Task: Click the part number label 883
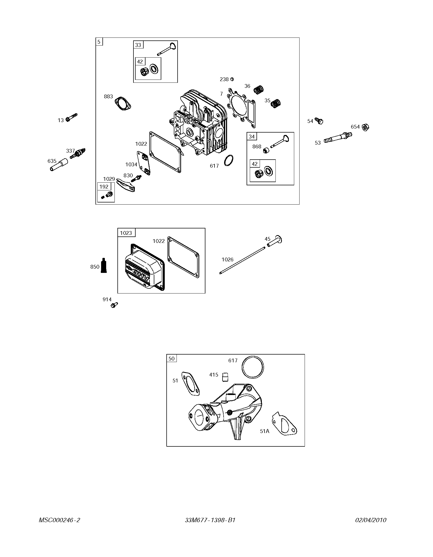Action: (108, 96)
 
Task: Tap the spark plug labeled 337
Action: (78, 153)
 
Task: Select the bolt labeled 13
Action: (71, 118)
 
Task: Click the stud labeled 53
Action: (338, 137)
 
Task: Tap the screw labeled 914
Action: (114, 305)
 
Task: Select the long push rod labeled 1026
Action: (242, 260)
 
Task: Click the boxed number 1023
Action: (126, 233)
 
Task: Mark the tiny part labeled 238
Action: (232, 79)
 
